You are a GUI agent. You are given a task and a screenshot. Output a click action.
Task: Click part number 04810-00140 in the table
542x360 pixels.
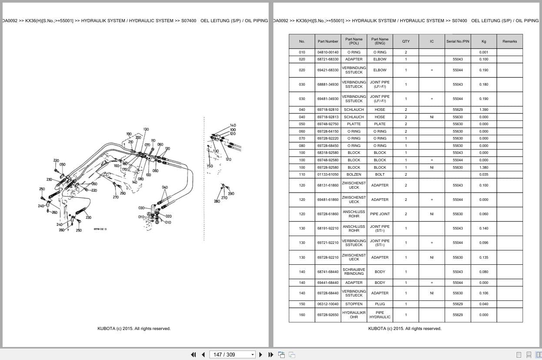point(328,52)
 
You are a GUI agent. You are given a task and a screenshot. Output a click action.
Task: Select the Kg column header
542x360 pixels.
point(483,41)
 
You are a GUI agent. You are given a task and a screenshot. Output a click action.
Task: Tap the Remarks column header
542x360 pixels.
point(509,41)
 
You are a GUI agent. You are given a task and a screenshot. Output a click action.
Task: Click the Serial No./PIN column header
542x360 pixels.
point(457,41)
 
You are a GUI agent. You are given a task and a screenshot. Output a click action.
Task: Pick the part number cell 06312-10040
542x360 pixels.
point(328,304)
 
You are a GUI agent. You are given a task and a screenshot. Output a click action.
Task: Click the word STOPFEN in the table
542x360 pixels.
point(354,304)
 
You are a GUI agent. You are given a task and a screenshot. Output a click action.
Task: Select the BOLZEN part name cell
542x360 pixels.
point(354,174)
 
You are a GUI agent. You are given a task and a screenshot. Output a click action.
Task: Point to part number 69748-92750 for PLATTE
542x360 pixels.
point(328,124)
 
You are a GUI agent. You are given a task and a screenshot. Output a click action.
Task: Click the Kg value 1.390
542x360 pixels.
point(483,110)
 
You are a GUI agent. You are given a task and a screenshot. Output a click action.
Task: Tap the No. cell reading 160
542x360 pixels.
point(302,315)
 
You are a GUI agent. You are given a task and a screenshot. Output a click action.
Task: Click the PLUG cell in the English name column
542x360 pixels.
point(379,304)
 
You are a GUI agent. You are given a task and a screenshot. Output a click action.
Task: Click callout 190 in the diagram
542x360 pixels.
point(129,134)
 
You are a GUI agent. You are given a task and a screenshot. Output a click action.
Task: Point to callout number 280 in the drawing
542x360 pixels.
point(217,201)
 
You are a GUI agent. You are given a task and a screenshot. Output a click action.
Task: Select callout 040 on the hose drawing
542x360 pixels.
point(165,187)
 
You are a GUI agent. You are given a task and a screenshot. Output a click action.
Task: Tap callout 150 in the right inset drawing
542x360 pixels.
point(210,166)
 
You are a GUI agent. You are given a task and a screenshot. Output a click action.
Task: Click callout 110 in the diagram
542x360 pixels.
point(153,140)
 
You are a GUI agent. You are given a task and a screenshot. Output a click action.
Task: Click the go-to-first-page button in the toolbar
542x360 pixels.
point(193,354)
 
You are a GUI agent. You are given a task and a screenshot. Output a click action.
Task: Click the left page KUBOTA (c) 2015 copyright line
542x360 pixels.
point(134,329)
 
